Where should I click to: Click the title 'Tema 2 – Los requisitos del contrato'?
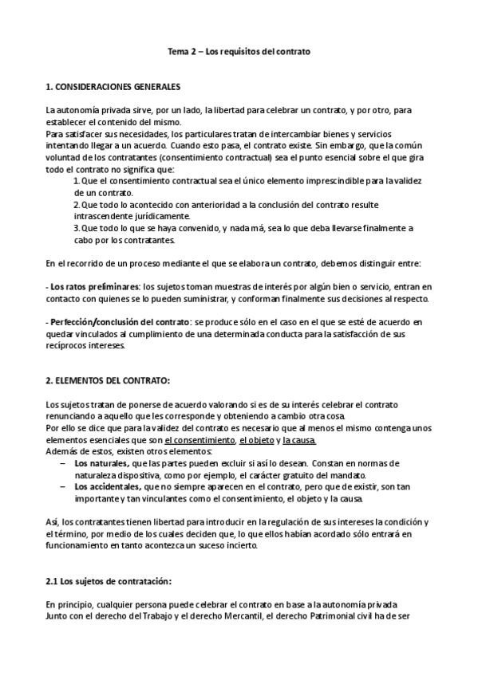239,52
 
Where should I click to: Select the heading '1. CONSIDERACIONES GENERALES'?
113,85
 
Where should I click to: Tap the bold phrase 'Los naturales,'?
98,462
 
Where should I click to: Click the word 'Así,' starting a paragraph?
53,521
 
